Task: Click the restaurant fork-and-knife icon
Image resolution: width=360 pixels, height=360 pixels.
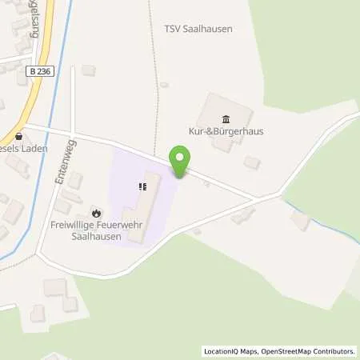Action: (142, 187)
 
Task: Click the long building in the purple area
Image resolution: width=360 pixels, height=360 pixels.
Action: (145, 200)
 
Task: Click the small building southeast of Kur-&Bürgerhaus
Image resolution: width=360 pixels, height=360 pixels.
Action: (252, 162)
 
